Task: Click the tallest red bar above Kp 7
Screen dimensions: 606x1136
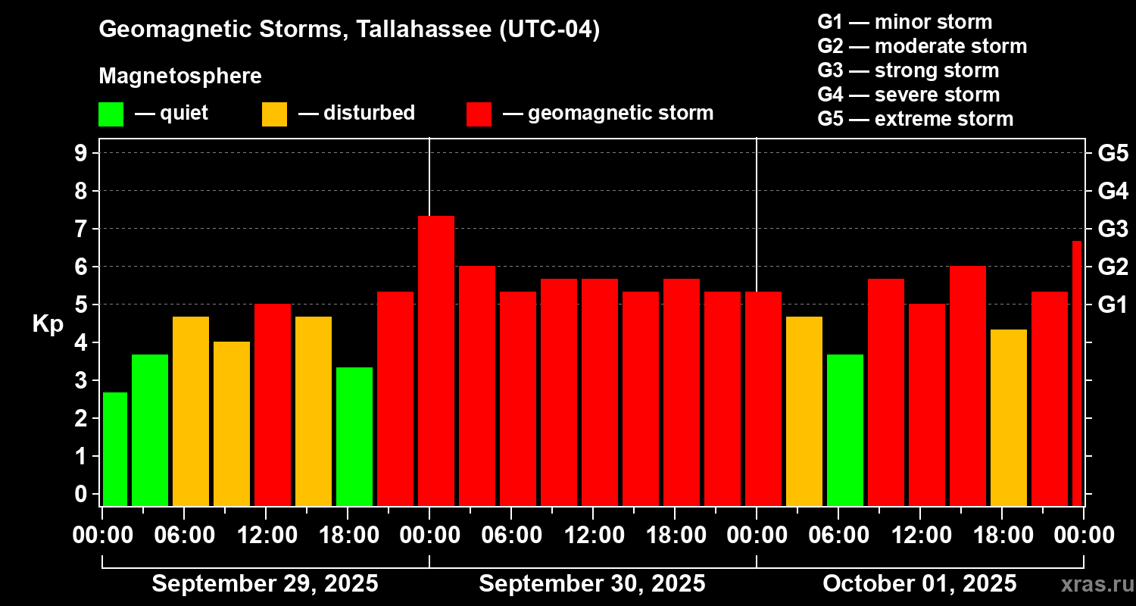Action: point(436,361)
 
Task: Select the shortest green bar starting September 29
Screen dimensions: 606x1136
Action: point(114,448)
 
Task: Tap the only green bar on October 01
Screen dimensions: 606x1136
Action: point(845,430)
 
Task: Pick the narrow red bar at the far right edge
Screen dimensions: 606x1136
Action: point(1077,373)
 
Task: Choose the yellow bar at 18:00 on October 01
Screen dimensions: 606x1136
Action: point(1009,417)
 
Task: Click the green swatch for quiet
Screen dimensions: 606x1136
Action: point(111,114)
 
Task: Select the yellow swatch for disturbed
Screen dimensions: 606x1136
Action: point(274,114)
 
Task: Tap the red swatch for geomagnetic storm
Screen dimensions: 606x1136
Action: point(479,114)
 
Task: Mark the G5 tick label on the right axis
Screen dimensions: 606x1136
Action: point(1113,153)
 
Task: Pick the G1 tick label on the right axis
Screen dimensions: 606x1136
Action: point(1113,305)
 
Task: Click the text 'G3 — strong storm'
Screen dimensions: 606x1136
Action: point(908,70)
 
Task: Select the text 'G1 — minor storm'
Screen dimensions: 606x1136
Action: point(904,22)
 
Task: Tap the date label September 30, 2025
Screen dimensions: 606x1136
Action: point(591,584)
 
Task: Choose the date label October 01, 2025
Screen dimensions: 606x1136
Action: point(919,584)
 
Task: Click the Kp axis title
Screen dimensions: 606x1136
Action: point(48,323)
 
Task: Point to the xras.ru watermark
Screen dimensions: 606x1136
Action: point(1093,585)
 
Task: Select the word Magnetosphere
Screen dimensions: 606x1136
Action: point(180,77)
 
